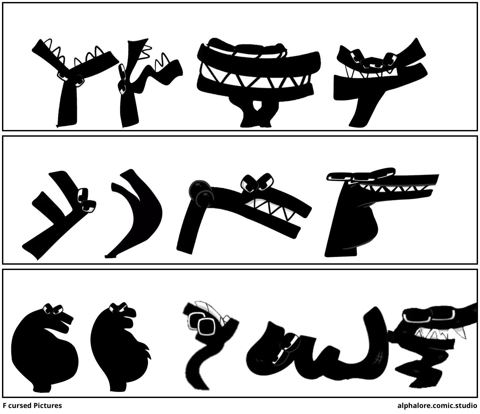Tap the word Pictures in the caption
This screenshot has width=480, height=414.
48,406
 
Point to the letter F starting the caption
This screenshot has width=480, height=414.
5,406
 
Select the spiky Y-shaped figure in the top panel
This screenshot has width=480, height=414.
75,82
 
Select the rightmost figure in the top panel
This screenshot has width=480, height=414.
381,82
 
